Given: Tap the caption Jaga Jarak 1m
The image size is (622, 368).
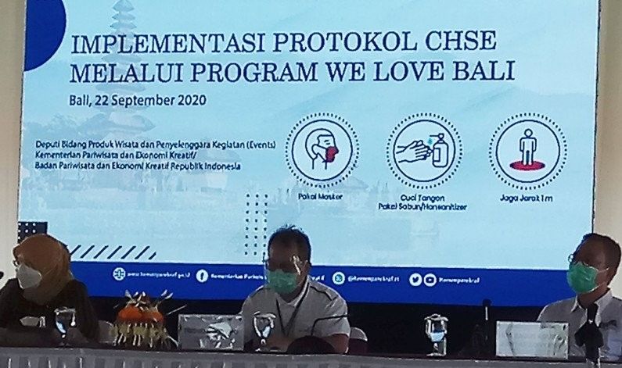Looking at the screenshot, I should point(529,200).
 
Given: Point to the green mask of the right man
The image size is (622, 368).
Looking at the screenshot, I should point(582,278).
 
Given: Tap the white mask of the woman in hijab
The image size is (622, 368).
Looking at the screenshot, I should point(28,276).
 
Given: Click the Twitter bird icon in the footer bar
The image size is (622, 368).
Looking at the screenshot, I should point(415,279).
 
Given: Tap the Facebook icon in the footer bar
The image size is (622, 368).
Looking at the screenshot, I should point(202,275).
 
